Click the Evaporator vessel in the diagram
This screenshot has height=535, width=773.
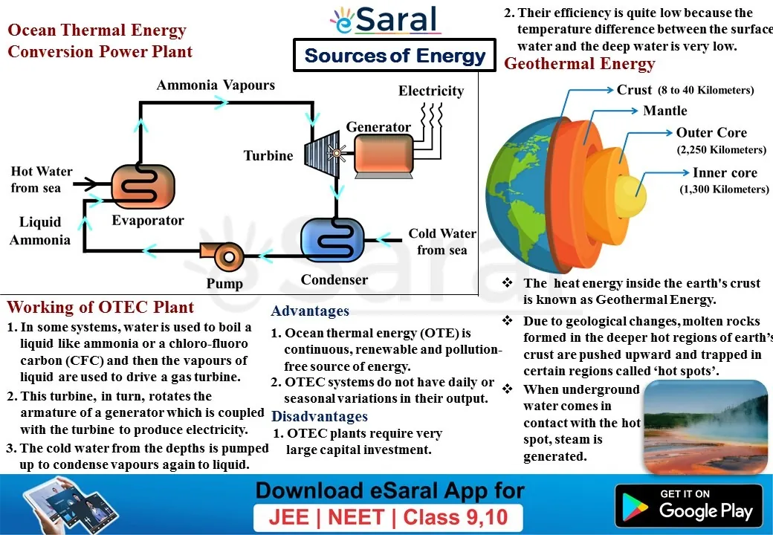coord(143,187)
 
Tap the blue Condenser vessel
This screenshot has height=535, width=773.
coord(332,240)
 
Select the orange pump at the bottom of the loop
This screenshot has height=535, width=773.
coord(223,256)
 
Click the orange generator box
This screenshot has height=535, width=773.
coord(384,155)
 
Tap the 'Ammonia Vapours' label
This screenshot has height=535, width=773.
coord(216,85)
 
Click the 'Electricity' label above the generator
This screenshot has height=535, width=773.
coord(431,91)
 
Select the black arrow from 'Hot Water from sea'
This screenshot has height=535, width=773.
coord(86,184)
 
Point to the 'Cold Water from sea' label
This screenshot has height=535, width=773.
coord(442,241)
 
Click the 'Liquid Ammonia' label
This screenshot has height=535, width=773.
coord(40,230)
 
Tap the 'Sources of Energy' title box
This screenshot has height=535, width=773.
coord(395,55)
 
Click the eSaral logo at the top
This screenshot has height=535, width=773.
coord(384,20)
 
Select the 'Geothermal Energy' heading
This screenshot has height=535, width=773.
coord(579,64)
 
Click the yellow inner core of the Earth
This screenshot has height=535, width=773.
coord(631,195)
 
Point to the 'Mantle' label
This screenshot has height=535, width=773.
coord(664,111)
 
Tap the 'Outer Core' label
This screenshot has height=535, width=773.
coord(711,132)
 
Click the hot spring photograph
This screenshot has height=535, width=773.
coord(705,427)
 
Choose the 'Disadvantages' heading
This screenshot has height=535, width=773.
coord(320,416)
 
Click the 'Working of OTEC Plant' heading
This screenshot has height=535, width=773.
coord(100,308)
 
